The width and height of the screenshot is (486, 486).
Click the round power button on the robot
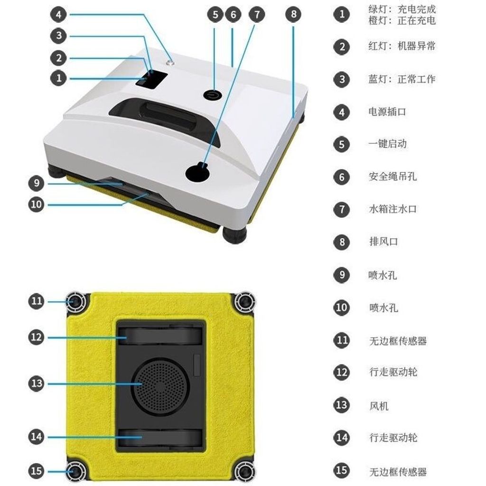[212, 94]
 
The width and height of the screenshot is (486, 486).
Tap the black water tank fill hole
[197, 173]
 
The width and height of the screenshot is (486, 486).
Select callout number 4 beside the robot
[58, 14]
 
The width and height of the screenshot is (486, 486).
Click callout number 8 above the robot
[293, 14]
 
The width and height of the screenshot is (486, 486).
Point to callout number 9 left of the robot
[37, 183]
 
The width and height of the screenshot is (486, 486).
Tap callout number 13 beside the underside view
[37, 383]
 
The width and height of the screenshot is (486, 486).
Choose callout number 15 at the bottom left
[37, 471]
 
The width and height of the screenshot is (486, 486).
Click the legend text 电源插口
[387, 112]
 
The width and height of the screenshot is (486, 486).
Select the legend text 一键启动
[387, 144]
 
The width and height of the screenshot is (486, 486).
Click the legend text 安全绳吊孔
[393, 177]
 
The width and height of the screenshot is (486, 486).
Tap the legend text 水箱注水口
[393, 209]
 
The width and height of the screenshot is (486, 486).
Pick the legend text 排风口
[383, 242]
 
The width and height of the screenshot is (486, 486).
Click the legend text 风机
[379, 406]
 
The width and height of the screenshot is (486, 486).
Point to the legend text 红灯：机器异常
[402, 46]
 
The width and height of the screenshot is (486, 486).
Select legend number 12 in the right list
[342, 372]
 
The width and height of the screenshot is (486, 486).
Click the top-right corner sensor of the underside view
[244, 302]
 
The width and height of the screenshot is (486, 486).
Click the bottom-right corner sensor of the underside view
[244, 472]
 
